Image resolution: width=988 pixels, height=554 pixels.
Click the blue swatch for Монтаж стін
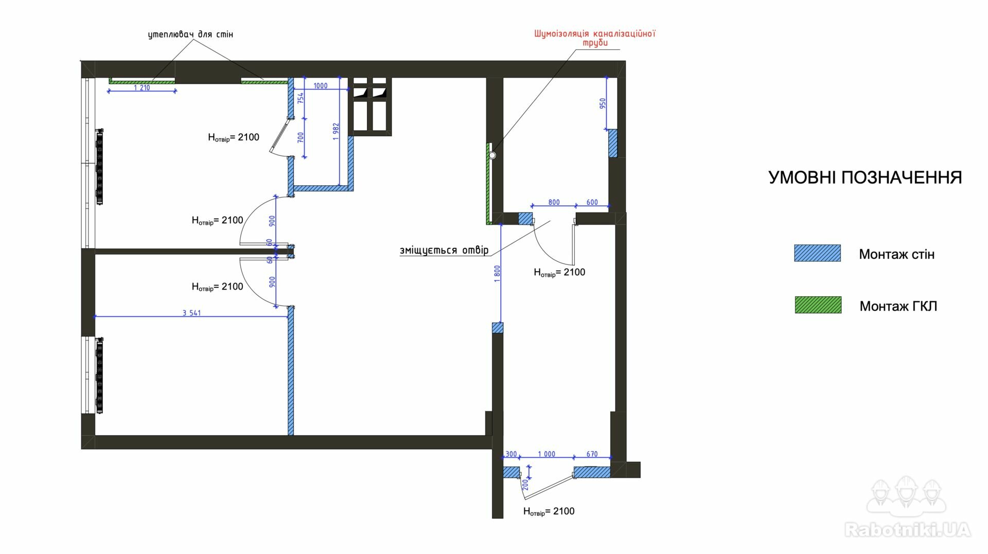point(817,253)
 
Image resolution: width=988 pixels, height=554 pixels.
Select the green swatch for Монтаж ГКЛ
point(818,305)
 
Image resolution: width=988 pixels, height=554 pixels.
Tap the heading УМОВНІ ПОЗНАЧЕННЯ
point(865,177)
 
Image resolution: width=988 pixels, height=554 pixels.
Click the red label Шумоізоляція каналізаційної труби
point(595,38)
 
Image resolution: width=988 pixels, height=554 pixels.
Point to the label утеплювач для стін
point(190,34)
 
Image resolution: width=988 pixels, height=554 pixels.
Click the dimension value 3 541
point(191,313)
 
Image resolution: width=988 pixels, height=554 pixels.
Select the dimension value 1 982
point(336,132)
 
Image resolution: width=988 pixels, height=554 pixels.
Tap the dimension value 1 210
point(142,88)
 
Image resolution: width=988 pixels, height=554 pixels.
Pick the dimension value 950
point(603,103)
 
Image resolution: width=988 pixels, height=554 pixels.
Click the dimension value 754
point(301,97)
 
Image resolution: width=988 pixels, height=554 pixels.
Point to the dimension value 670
point(592,454)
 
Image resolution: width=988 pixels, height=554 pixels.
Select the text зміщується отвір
point(444,251)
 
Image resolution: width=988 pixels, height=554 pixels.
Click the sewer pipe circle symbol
point(492,155)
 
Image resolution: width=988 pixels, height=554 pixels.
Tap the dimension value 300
point(511,454)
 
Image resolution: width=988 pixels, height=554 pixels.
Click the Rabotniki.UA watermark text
point(908,529)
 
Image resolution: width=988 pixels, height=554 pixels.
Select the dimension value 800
point(554,202)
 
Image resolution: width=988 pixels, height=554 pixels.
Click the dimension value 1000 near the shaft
point(320,86)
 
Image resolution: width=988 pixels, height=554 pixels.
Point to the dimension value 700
point(301,137)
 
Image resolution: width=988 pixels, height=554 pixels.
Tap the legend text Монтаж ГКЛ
point(898,306)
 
